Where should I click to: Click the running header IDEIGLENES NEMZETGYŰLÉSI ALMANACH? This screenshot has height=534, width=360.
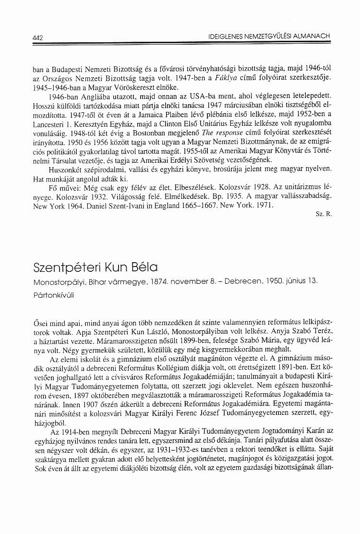(x=269, y=36)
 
